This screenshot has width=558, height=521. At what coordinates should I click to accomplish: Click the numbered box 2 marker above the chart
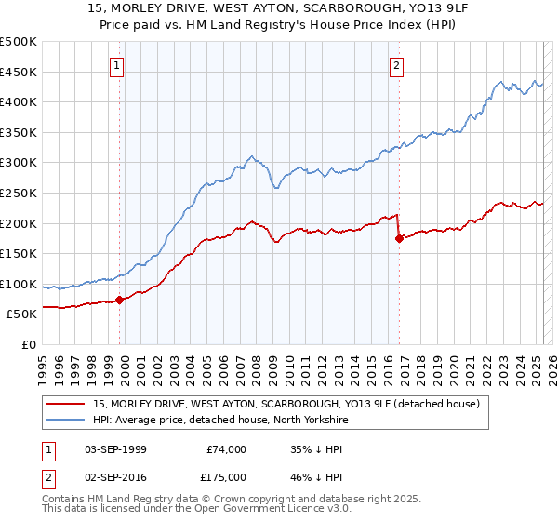pyautogui.click(x=397, y=65)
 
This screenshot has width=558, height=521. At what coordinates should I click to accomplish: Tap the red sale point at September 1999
pyautogui.click(x=119, y=300)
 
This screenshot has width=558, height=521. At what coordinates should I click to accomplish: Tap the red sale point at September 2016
pyautogui.click(x=399, y=238)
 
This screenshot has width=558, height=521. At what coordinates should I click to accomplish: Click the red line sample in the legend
pyautogui.click(x=66, y=404)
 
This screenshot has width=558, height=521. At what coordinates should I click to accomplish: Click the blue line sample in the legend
pyautogui.click(x=66, y=420)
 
